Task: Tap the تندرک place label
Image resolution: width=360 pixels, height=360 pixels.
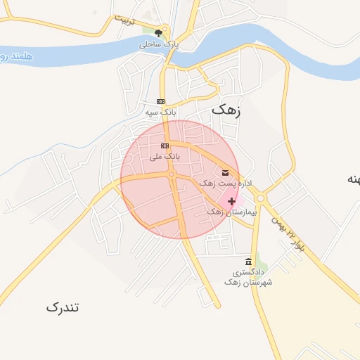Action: (x=63, y=307)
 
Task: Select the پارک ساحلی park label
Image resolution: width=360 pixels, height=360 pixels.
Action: (x=160, y=44)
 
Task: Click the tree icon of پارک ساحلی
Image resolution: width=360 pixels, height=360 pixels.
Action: (x=159, y=32)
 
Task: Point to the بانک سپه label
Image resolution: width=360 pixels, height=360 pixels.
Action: (x=160, y=112)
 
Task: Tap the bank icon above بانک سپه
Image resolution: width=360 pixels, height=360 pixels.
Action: (x=160, y=101)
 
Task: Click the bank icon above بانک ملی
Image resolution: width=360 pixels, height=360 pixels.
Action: (x=165, y=146)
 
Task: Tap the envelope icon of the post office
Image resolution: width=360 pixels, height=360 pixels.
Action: (x=225, y=172)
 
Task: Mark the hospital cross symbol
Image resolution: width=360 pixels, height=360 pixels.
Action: (x=232, y=201)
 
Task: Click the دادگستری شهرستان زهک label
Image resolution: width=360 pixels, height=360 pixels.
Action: (x=248, y=276)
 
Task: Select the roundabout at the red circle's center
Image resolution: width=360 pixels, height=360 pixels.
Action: (x=172, y=174)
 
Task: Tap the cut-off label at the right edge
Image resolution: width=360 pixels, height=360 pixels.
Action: (x=352, y=179)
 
